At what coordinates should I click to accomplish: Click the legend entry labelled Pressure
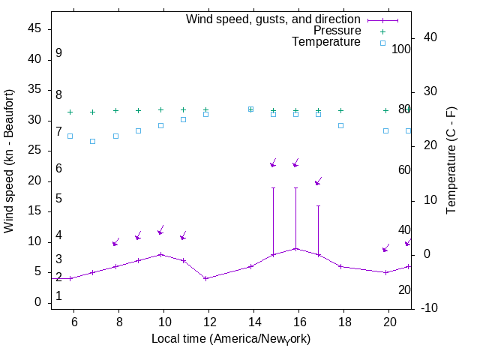(x=337, y=31)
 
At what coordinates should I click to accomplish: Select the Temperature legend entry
(x=326, y=42)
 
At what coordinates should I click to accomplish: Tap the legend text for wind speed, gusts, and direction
(x=274, y=19)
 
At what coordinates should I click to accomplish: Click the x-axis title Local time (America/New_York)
(x=231, y=339)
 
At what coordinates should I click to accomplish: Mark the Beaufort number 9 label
(x=58, y=53)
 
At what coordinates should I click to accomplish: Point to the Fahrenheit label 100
(x=401, y=49)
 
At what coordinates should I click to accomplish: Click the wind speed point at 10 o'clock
(x=160, y=254)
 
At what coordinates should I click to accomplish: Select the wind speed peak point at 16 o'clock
(x=295, y=248)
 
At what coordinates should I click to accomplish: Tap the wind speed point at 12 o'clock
(x=205, y=278)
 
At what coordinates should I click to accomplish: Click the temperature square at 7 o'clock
(x=93, y=141)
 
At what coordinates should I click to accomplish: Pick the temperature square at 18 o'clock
(x=340, y=125)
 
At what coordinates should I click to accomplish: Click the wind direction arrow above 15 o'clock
(x=274, y=163)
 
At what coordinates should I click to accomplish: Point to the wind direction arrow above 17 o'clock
(x=318, y=181)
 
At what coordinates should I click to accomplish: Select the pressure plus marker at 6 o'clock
(x=70, y=112)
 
